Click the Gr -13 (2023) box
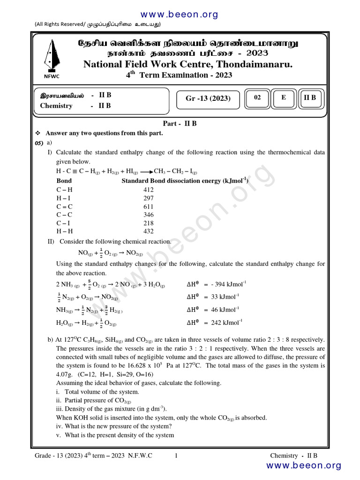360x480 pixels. coord(208,98)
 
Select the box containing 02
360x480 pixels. coord(257,97)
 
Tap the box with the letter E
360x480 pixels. coord(283,97)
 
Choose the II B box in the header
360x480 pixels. coord(310,97)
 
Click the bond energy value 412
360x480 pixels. coord(148,190)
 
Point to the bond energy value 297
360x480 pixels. coord(148,198)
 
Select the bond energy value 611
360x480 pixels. coord(148,207)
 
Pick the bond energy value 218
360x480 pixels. coord(148,223)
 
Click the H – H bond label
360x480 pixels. coord(65,232)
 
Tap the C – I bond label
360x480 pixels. coord(65,223)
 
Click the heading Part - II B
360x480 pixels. coord(180,124)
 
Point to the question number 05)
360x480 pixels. coord(39,142)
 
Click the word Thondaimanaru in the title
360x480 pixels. coord(254,64)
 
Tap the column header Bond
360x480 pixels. coord(64,181)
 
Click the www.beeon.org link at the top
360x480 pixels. coord(180,15)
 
